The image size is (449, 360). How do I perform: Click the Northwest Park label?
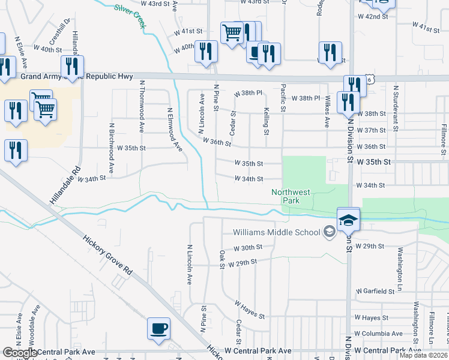pos(291,197)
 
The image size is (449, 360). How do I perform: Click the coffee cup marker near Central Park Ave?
pos(158,329)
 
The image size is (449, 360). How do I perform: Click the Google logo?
pos(20,353)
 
